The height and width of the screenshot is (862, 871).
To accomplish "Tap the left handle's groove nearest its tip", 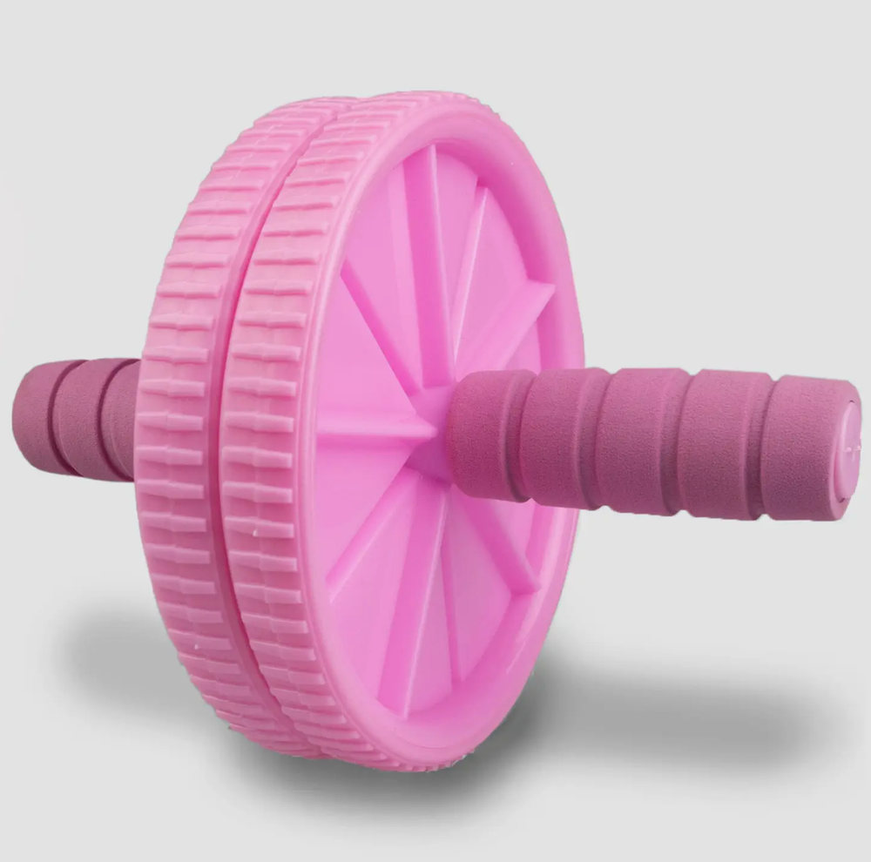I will pyautogui.click(x=54, y=416).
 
